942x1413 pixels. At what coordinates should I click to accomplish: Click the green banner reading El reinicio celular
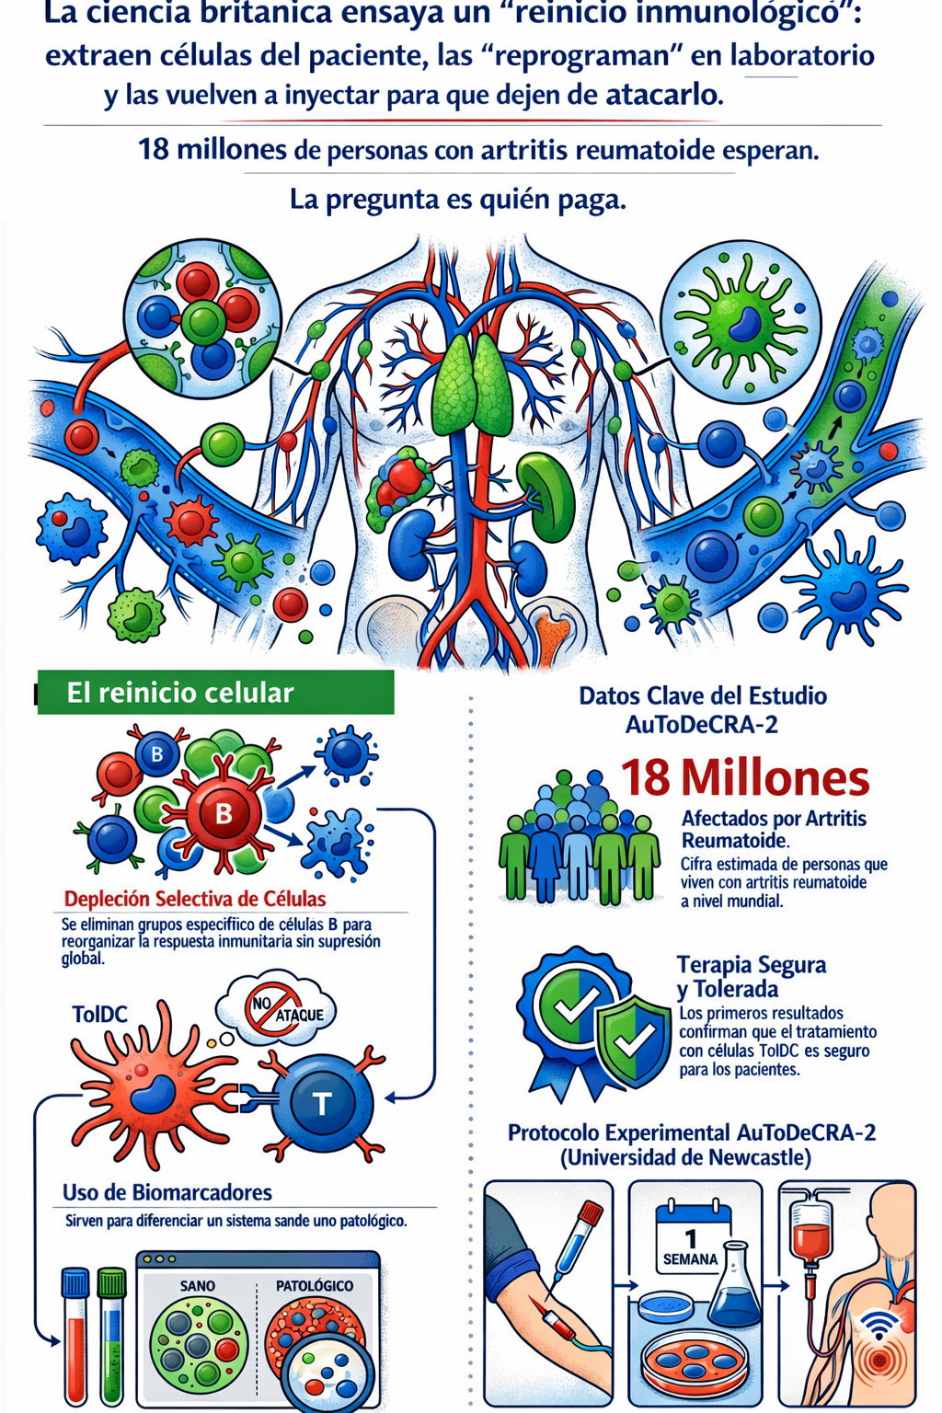tap(216, 692)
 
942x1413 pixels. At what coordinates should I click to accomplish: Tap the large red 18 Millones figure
tap(745, 777)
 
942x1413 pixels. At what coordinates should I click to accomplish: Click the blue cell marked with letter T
tap(322, 1103)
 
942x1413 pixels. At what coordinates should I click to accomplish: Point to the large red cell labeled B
tap(224, 813)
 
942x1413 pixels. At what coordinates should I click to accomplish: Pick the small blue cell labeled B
tap(157, 753)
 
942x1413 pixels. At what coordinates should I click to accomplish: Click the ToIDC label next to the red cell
tap(99, 1014)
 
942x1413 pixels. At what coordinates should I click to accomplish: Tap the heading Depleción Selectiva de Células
tap(195, 898)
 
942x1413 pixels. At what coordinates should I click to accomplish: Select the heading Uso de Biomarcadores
tap(167, 1191)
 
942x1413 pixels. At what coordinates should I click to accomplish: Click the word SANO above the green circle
tap(198, 1285)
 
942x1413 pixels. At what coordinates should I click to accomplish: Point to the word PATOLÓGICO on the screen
tap(315, 1285)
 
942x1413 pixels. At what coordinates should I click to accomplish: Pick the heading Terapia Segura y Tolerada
tap(752, 976)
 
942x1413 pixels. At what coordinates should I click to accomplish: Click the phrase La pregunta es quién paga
tap(458, 200)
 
